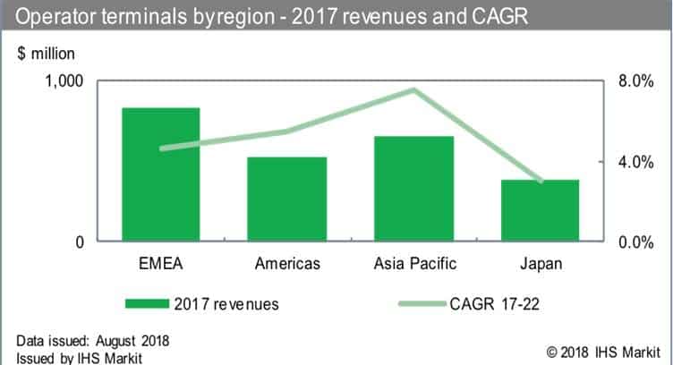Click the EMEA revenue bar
[x=161, y=174]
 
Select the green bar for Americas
[x=287, y=199]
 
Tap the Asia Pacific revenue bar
[x=414, y=189]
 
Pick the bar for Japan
[x=540, y=211]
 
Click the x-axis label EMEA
[x=160, y=264]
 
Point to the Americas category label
[x=287, y=264]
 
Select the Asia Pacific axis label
[x=413, y=264]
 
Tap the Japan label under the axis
[x=540, y=264]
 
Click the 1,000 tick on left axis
[x=64, y=81]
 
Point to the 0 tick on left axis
[x=79, y=242]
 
